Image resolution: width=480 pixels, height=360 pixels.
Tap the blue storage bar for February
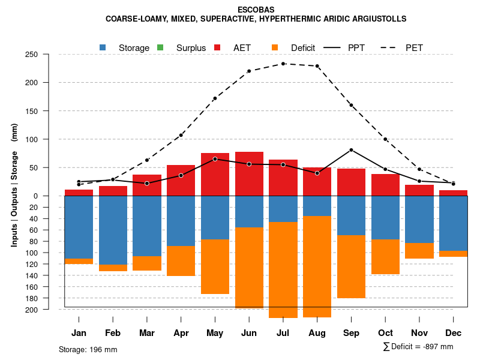pos(113,230)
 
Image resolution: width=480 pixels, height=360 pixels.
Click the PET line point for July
pos(283,64)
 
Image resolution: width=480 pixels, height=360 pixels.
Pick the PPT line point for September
pos(351,149)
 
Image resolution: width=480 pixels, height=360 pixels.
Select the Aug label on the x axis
pos(317,333)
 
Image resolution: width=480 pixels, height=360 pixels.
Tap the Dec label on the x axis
pos(453,333)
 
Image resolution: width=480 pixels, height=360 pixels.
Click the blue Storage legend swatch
pos(104,47)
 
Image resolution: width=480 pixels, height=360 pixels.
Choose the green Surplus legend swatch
pos(160,47)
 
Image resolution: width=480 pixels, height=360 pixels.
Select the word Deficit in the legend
pos(303,47)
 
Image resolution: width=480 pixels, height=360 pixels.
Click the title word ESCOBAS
pos(256,10)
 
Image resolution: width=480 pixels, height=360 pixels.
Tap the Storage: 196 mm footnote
pos(88,349)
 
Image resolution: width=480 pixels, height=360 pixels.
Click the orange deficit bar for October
pos(385,257)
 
